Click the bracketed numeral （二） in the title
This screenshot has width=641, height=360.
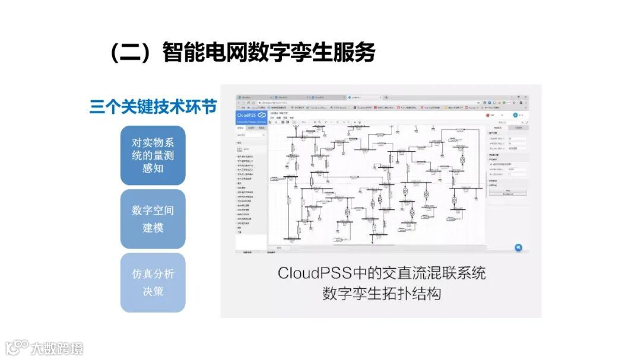[x=128, y=53]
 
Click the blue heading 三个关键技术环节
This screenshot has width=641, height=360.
[x=153, y=107]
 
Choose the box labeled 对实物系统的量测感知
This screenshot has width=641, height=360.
[x=153, y=155]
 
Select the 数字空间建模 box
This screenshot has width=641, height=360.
[x=153, y=219]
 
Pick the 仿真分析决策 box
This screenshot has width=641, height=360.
[x=153, y=283]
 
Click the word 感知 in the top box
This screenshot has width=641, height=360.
[x=153, y=168]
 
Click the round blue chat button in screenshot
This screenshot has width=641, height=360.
[x=518, y=247]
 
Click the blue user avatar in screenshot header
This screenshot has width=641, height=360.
[x=515, y=114]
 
